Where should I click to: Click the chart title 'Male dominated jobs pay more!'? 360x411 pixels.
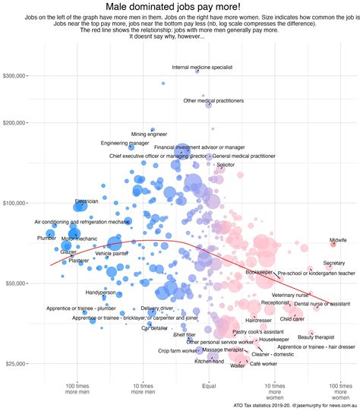(180, 7)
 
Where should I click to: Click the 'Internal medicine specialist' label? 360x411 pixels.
(202, 68)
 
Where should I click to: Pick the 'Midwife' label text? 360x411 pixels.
(338, 240)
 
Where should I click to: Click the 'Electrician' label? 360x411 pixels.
(86, 201)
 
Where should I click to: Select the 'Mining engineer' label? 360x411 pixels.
(149, 134)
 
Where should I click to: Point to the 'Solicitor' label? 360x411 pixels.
(226, 164)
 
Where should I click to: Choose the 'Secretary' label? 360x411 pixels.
(333, 263)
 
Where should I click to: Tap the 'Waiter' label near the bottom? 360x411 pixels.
(238, 365)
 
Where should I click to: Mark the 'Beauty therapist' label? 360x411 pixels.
(316, 337)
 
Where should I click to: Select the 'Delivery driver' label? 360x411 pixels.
(156, 308)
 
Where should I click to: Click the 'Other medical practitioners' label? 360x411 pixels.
(213, 100)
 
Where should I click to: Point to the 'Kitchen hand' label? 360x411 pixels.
(210, 361)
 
